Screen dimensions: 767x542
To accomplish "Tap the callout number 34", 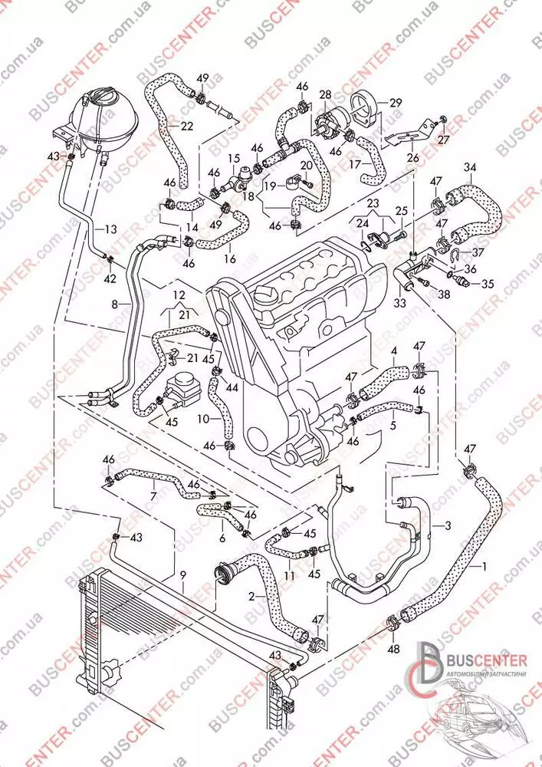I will (x=470, y=167).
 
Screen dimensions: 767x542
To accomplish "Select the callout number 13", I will (x=110, y=229).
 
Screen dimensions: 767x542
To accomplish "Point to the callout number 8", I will (x=114, y=304).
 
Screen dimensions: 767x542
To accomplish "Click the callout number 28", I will (x=325, y=94).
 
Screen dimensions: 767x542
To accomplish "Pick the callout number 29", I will (x=396, y=102).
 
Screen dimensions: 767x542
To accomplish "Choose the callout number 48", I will (x=394, y=649).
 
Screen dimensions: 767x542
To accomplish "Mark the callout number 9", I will (x=182, y=574).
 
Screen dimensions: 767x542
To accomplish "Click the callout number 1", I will (x=484, y=568).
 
